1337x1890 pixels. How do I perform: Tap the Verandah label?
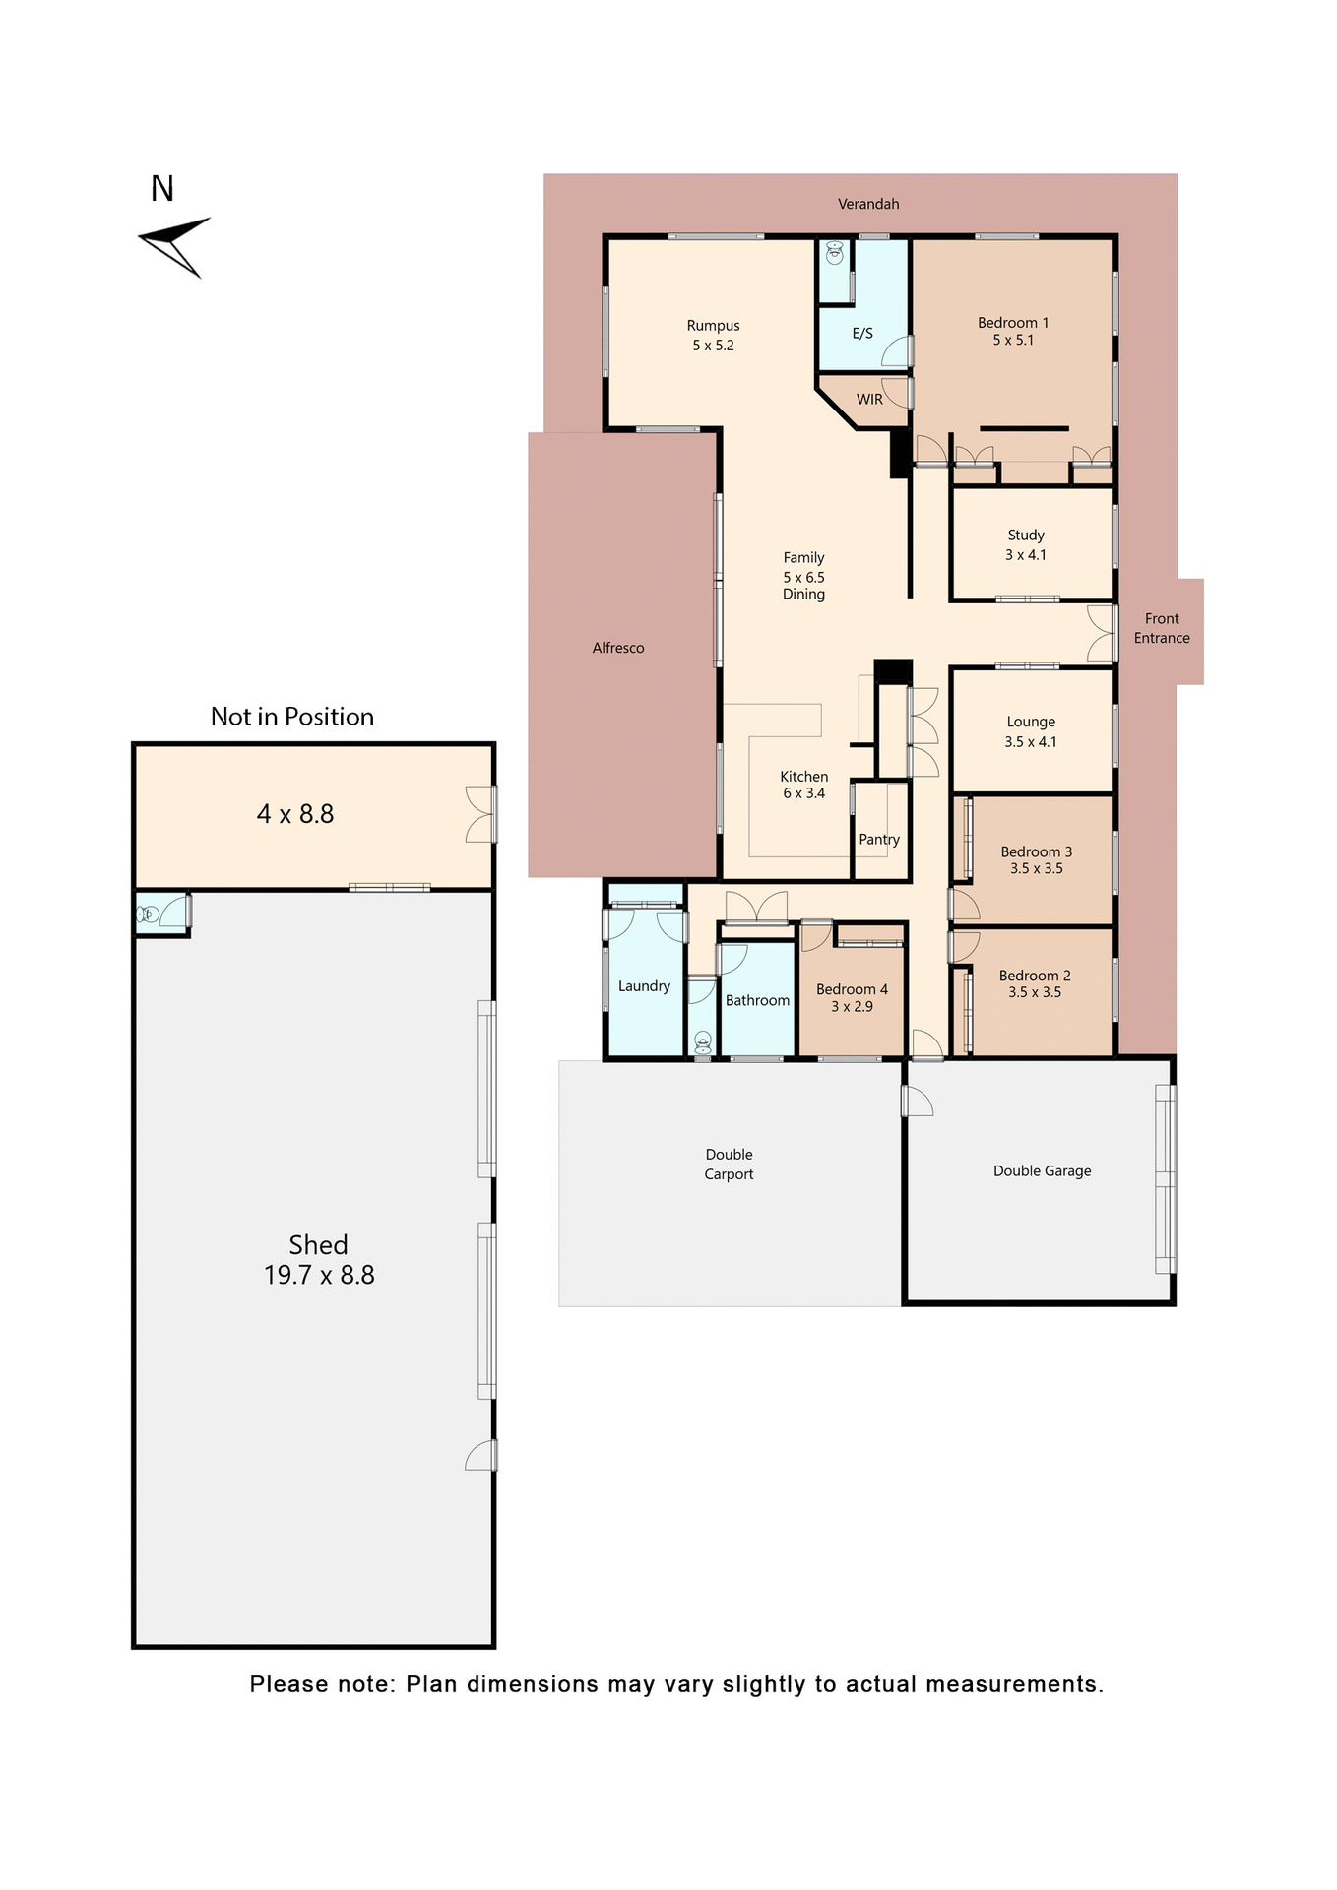tap(868, 204)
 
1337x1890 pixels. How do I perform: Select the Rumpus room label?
tap(713, 326)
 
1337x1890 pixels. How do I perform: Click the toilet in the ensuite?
tap(835, 253)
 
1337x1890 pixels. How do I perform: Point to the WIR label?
tap(869, 399)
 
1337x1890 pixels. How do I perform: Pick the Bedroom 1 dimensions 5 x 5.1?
tap(1013, 341)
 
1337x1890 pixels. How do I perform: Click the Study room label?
tap(1026, 535)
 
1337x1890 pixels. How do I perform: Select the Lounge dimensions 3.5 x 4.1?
tap(1031, 742)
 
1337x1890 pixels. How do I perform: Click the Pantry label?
tap(879, 840)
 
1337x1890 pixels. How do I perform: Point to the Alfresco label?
tap(618, 648)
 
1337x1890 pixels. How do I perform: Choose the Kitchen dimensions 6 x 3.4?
tap(803, 793)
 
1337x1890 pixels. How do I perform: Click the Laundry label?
tap(644, 986)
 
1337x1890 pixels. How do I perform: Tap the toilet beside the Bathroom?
tap(703, 1041)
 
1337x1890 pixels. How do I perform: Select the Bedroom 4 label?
tap(852, 989)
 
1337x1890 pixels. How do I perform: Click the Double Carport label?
tap(729, 1164)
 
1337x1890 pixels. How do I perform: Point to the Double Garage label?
tap(1042, 1171)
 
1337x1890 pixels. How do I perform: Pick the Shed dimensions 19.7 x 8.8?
tap(319, 1276)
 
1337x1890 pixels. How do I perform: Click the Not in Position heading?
tap(292, 717)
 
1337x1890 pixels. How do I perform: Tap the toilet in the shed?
tap(148, 914)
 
